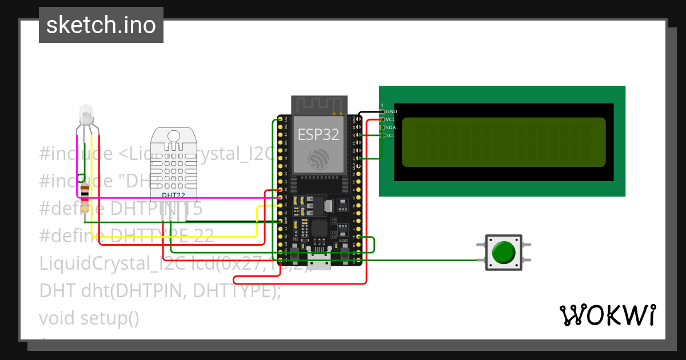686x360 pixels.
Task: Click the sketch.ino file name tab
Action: [101, 25]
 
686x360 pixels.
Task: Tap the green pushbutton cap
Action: [503, 252]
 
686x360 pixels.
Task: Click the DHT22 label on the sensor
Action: [174, 195]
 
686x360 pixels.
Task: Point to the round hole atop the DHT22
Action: [174, 135]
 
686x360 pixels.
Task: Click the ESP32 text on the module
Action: [318, 134]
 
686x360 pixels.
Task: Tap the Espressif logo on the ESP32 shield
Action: [318, 158]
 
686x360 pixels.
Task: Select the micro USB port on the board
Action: [318, 264]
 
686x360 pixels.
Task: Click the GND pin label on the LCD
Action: [391, 111]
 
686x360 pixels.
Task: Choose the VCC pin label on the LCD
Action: [391, 119]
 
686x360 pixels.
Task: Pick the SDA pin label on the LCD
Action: [391, 127]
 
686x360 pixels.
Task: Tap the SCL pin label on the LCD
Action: [390, 135]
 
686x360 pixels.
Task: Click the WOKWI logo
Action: [607, 315]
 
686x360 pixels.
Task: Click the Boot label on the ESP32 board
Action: [344, 241]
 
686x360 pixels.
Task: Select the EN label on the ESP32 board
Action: [295, 241]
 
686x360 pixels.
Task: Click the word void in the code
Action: [57, 318]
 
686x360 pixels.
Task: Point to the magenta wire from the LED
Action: [171, 198]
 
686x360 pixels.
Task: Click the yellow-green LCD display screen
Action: [503, 142]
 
